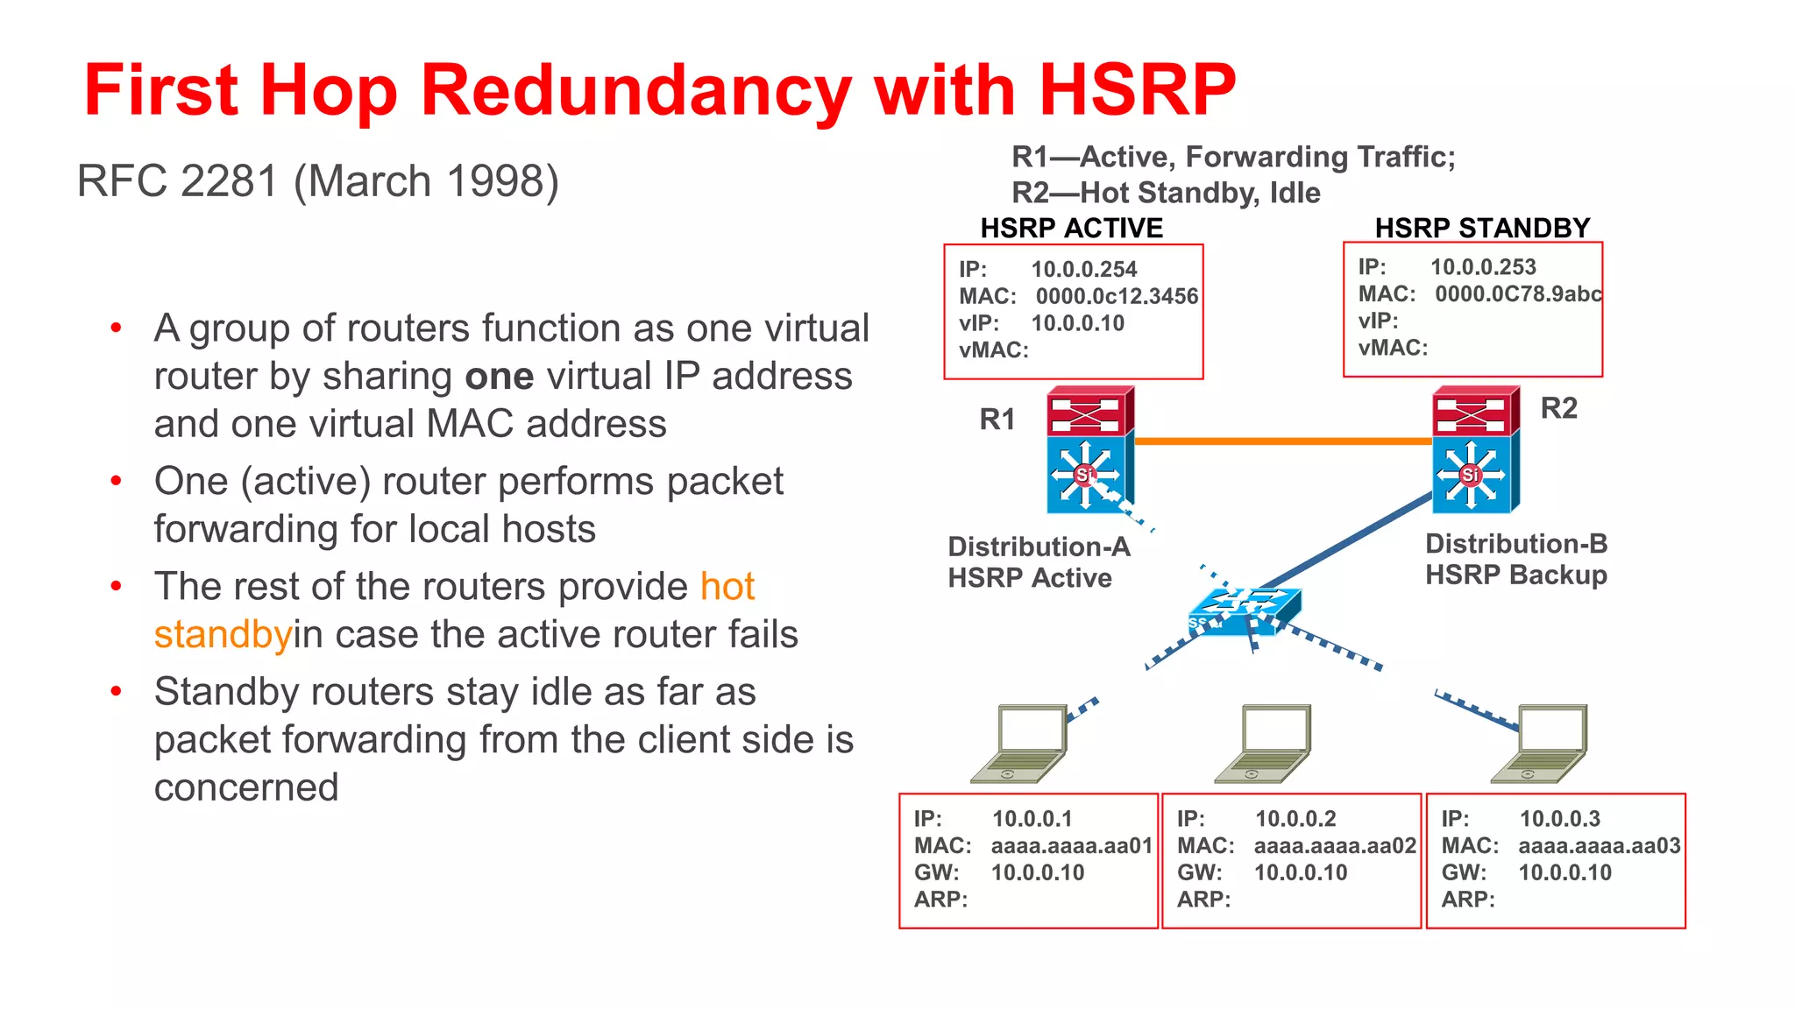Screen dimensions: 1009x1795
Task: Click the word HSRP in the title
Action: (x=1137, y=90)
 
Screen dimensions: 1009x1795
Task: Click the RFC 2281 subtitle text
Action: (x=317, y=181)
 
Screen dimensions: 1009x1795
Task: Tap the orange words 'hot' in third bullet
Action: (x=727, y=586)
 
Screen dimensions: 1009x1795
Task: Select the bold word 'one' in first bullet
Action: (x=499, y=377)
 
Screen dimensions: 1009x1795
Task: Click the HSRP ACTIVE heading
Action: (x=1071, y=228)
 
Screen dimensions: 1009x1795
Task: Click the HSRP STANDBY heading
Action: (x=1481, y=228)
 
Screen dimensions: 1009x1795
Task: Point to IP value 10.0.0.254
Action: (x=1083, y=269)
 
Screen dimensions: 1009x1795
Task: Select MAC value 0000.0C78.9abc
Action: (x=1517, y=293)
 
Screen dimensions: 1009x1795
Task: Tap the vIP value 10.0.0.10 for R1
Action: (x=1077, y=323)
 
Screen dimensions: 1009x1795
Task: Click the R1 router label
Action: (x=997, y=420)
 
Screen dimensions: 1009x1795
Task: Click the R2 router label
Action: (x=1558, y=408)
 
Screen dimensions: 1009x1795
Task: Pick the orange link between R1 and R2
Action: (x=1282, y=441)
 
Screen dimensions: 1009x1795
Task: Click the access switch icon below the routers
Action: (x=1245, y=610)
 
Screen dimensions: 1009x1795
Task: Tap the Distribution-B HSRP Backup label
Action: (x=1515, y=559)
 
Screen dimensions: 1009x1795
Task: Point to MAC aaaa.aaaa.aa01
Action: (x=1071, y=846)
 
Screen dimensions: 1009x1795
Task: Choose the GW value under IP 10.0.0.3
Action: (x=1564, y=872)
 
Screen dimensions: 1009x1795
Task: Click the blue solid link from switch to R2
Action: (x=1350, y=540)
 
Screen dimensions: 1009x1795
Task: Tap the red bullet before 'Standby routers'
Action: (x=116, y=691)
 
